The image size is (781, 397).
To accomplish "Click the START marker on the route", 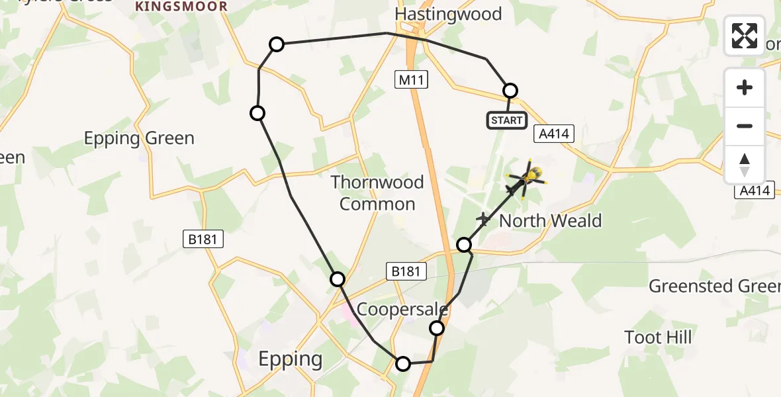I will point(507,120).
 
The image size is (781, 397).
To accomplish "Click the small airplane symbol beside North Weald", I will point(484,219).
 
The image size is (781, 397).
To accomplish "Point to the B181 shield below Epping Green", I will point(203,240).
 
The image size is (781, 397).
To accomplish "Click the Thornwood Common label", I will point(377,193).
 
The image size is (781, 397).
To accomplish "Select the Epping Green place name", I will point(139,138).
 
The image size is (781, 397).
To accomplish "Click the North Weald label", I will point(550,220).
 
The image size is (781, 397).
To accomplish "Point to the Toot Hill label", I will point(658,337).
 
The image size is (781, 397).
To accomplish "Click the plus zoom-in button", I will point(745,87).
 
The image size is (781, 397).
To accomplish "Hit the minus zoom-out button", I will point(745,126).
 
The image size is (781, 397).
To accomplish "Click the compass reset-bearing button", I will point(745,165).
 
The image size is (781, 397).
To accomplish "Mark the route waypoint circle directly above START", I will point(510,91).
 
